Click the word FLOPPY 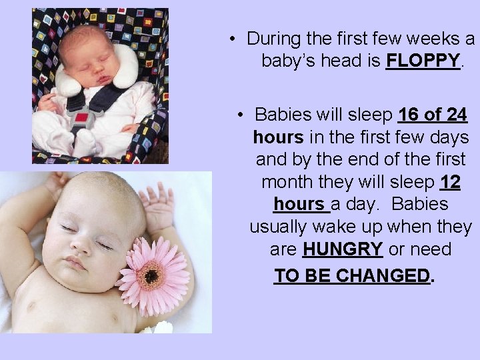(x=423, y=61)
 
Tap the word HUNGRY (x=343, y=249)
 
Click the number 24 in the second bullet (x=457, y=115)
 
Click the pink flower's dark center (x=152, y=275)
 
